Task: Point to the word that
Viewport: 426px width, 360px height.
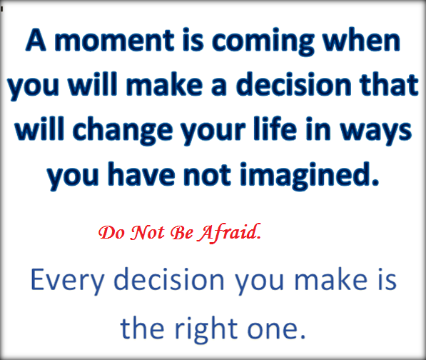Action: pos(389,85)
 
